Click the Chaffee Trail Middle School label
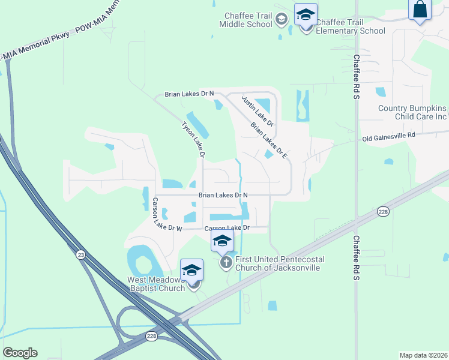246,20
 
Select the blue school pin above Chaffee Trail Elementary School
306,14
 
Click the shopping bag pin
420,10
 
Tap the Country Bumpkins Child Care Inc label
412,112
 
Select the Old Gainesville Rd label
388,137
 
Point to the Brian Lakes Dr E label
270,140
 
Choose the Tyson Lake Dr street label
194,140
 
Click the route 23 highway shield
80,254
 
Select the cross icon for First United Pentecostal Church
226,262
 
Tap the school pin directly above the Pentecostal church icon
222,241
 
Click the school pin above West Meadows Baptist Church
192,269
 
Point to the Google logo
20,353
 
